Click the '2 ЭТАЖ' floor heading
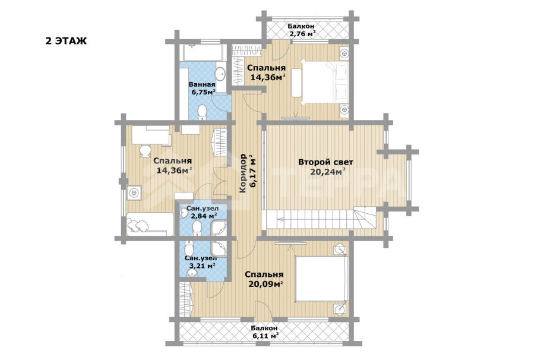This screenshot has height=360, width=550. tap(66, 41)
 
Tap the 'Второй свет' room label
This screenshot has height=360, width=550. tap(325, 162)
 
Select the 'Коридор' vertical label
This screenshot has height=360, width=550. tap(243, 173)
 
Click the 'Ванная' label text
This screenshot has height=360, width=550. tap(202, 84)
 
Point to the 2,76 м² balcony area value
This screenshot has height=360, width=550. tap(302, 34)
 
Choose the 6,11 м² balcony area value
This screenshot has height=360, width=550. tap(265, 336)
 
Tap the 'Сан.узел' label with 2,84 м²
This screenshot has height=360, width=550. tap(203, 209)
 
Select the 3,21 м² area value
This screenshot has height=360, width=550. tap(203, 266)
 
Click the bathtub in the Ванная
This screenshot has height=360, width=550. tap(202, 53)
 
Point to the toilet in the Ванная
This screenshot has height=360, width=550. tap(203, 112)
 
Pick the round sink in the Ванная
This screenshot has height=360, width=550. tap(220, 74)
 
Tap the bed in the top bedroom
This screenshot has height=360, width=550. tap(324, 82)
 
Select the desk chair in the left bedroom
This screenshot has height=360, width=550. tap(145, 150)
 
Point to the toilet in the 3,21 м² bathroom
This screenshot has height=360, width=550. tap(189, 248)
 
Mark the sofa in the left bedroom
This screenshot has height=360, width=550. tap(150, 224)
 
